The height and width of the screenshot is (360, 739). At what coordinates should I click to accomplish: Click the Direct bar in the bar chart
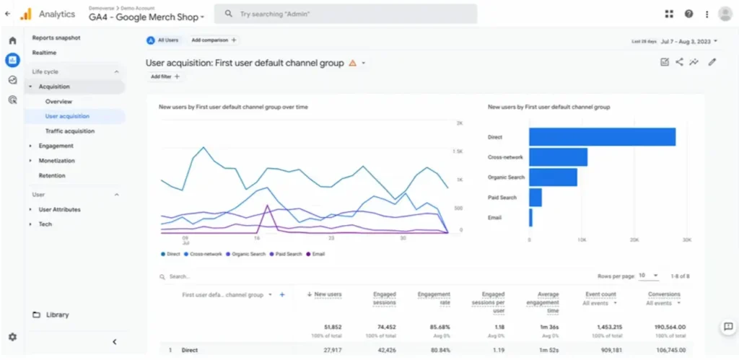click(x=602, y=137)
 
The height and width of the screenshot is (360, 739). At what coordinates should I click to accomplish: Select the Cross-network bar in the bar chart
click(x=558, y=157)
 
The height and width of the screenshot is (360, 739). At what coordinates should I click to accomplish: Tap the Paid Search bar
click(x=535, y=197)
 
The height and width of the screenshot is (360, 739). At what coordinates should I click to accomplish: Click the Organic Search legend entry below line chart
click(x=247, y=254)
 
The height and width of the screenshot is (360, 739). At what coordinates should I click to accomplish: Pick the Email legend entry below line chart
click(x=315, y=254)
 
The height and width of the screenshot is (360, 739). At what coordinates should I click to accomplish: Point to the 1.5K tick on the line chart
click(x=458, y=152)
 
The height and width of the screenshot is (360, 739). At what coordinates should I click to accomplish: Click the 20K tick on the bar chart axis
click(x=634, y=240)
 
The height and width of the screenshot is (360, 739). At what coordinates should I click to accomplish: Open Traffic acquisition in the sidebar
click(x=70, y=131)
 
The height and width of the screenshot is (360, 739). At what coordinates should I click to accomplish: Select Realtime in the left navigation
click(x=44, y=53)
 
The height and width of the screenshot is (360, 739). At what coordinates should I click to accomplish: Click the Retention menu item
click(x=52, y=175)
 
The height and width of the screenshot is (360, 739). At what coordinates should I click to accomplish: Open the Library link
click(x=57, y=315)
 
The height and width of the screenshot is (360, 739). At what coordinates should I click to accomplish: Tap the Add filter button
click(x=165, y=76)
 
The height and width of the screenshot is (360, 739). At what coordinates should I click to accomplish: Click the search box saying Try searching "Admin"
click(x=346, y=14)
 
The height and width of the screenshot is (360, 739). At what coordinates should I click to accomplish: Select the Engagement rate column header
click(x=434, y=298)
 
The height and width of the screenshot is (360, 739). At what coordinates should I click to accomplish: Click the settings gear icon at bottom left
click(x=12, y=337)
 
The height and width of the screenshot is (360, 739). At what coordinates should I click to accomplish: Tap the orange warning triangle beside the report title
click(x=352, y=63)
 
